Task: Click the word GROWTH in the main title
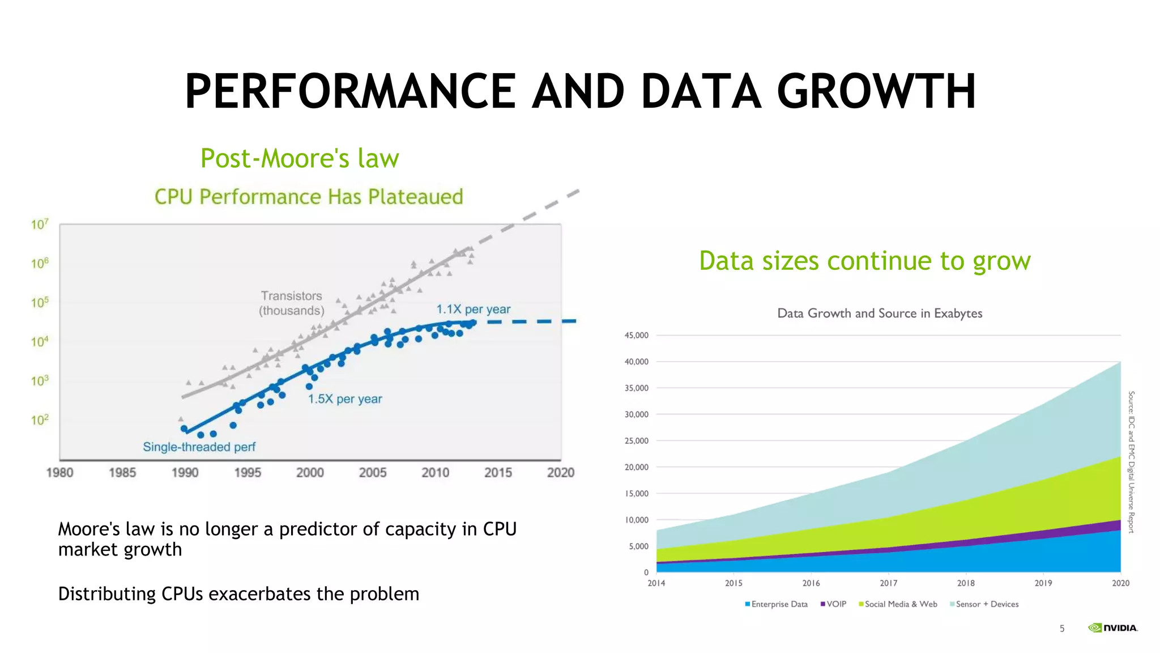[x=876, y=92]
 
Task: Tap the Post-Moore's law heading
[x=300, y=158]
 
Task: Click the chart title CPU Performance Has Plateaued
[x=309, y=197]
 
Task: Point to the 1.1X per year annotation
[x=473, y=309]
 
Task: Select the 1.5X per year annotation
[x=345, y=399]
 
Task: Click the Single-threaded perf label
[x=199, y=447]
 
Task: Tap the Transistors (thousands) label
[x=292, y=303]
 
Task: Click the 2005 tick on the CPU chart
[x=373, y=473]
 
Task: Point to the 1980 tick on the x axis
[x=59, y=473]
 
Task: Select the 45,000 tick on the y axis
[x=636, y=336]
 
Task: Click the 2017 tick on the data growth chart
[x=888, y=583]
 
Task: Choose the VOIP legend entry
[x=833, y=604]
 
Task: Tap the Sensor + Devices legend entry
[x=984, y=604]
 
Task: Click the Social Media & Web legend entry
[x=898, y=604]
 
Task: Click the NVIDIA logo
[x=1112, y=628]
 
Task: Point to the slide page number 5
[x=1062, y=629]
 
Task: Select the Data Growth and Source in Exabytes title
[x=880, y=313]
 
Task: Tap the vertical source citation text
[x=1131, y=462]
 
